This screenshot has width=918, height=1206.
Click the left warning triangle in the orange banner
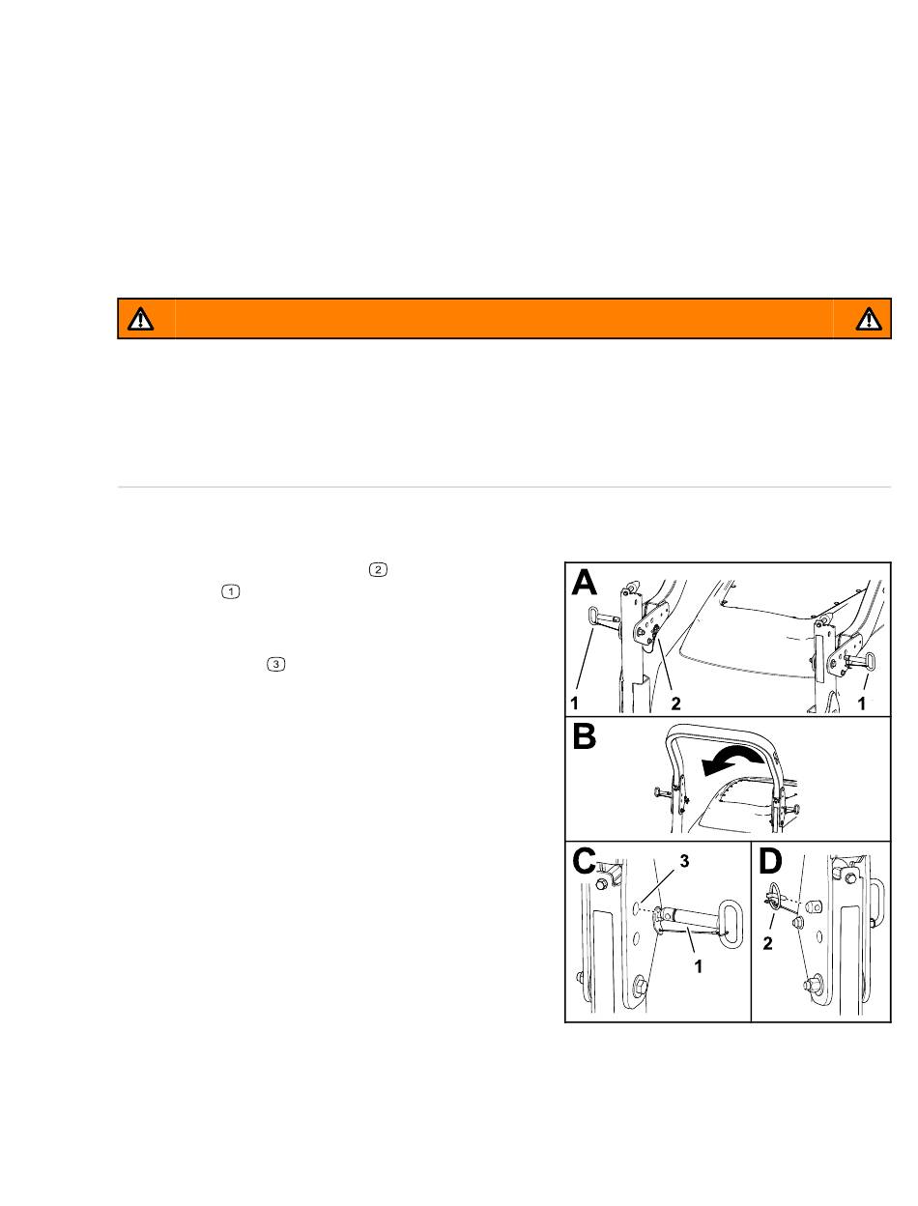click(141, 319)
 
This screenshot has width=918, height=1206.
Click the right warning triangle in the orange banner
click(868, 319)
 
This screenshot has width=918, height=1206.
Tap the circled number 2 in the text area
click(378, 570)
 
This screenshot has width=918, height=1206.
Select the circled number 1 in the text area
click(231, 591)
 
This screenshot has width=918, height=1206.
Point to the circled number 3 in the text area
click(275, 664)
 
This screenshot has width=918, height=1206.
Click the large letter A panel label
click(584, 583)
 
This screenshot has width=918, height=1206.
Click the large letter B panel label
click(584, 736)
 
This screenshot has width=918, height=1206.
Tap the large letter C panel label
click(584, 861)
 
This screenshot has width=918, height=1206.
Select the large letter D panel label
click(769, 861)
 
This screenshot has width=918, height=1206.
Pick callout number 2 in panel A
click(675, 703)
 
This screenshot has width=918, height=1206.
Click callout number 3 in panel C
click(684, 861)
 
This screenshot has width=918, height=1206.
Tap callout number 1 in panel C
click(699, 966)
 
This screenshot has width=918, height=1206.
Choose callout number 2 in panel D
click(767, 943)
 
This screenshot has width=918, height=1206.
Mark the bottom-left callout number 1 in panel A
click(574, 703)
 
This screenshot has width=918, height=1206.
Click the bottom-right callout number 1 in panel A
click(861, 703)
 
